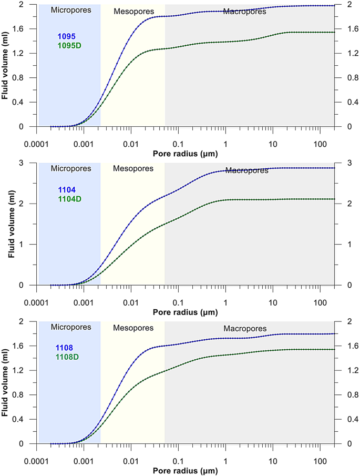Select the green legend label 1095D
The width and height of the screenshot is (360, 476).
tap(69, 45)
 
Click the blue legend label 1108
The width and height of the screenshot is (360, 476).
tap(66, 348)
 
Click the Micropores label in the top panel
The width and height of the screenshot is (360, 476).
tap(69, 10)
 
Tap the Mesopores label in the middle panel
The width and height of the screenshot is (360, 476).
tap(133, 169)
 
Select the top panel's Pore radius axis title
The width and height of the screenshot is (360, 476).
tap(186, 154)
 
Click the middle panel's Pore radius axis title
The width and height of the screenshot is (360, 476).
tap(186, 312)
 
